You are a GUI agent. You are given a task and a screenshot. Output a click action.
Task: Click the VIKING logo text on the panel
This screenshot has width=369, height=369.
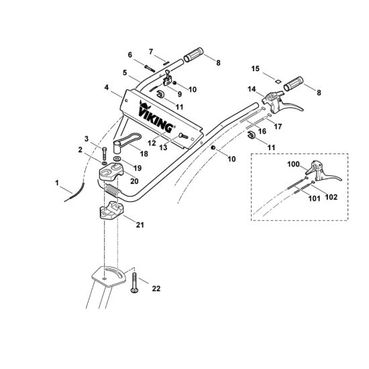coord(156,117)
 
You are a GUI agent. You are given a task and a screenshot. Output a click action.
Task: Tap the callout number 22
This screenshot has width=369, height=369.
coord(156,288)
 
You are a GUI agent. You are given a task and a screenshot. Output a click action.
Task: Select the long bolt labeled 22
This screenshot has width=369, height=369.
coord(134,283)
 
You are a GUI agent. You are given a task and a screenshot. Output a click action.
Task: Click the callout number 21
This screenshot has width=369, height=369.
coord(140,225)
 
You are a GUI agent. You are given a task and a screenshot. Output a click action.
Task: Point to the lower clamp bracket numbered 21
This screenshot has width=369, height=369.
coord(111,210)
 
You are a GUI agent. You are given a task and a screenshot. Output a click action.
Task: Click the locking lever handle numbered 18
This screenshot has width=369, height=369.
coord(127,140)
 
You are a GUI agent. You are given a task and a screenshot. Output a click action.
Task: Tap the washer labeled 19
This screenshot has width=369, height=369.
coord(117,159)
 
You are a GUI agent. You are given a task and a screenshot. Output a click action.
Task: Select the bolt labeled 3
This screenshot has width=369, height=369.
coord(105,154)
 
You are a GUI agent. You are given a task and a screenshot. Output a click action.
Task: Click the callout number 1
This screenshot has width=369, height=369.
coord(57,182)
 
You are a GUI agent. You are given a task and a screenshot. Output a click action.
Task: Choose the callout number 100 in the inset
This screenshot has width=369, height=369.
coord(293,164)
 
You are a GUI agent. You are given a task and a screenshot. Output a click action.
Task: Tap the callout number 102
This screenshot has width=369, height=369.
coord(331,197)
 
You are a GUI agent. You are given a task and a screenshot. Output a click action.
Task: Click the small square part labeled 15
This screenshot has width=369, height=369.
coord(278,81)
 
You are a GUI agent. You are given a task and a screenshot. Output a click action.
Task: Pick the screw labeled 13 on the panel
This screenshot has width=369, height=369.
coord(184,136)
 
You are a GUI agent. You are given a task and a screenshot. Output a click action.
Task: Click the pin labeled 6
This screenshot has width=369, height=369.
coord(149,68)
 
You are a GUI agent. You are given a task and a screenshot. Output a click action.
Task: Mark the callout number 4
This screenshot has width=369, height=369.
coord(107,87)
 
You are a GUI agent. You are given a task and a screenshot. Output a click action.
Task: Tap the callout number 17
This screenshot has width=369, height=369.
coord(278,126)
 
